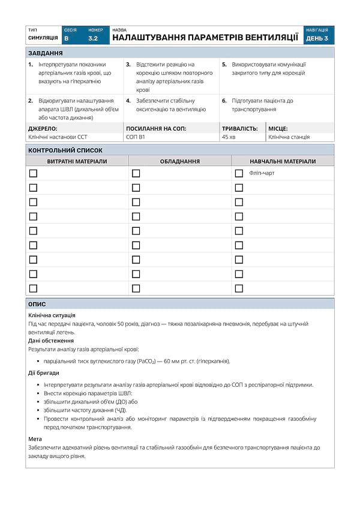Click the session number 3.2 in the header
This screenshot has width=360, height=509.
pyautogui.click(x=92, y=38)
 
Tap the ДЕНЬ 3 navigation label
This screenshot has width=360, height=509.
pyautogui.click(x=317, y=38)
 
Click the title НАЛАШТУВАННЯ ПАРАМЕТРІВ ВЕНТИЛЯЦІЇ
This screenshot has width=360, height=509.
pyautogui.click(x=205, y=38)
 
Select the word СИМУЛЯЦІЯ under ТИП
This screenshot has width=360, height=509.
pyautogui.click(x=43, y=38)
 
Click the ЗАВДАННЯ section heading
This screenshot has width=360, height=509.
pyautogui.click(x=46, y=53)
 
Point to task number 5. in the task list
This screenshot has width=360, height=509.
pyautogui.click(x=224, y=64)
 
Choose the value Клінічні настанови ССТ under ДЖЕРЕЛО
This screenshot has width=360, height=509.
pyautogui.click(x=58, y=137)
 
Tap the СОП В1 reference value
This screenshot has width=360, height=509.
pyautogui.click(x=136, y=137)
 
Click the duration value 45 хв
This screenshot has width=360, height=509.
pyautogui.click(x=229, y=137)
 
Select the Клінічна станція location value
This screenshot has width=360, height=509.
pyautogui.click(x=289, y=137)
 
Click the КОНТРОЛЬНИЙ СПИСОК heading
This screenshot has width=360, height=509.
pyautogui.click(x=65, y=150)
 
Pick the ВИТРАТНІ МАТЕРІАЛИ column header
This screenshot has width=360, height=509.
pyautogui.click(x=77, y=161)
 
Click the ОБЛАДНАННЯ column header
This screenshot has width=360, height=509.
pyautogui.click(x=180, y=161)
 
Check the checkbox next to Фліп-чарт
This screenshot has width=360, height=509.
pyautogui.click(x=239, y=173)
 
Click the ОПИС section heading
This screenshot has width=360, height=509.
pyautogui.click(x=37, y=304)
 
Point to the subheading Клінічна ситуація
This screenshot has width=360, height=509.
pyautogui.click(x=52, y=315)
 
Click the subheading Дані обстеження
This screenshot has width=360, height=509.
pyautogui.click(x=51, y=341)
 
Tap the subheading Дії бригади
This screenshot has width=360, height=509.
pyautogui.click(x=44, y=373)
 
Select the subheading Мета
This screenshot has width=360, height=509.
pyautogui.click(x=35, y=439)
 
